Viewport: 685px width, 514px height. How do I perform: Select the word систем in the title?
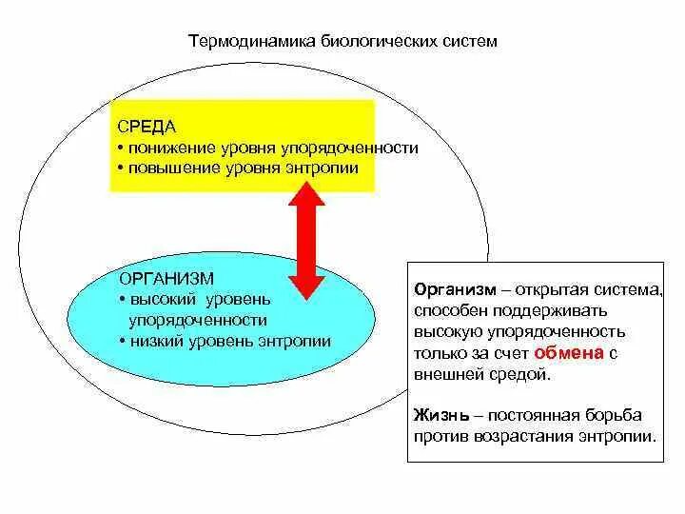tap(444, 42)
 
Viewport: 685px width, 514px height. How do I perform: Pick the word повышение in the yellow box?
tap(168, 168)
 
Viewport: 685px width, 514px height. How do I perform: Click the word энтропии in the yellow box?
tap(326, 168)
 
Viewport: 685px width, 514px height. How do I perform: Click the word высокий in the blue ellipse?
tap(162, 300)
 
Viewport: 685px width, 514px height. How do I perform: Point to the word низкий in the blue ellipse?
tap(157, 341)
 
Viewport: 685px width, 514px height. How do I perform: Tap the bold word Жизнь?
tap(440, 416)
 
